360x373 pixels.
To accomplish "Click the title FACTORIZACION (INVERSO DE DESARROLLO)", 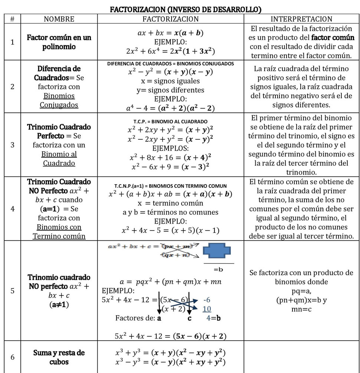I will pyautogui.click(x=180, y=9).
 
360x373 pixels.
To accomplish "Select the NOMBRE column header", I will pyautogui.click(x=59, y=19).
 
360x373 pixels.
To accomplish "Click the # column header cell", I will pyautogui.click(x=13, y=19).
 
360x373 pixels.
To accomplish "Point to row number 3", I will pyautogui.click(x=13, y=145).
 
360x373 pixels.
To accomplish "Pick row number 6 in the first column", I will pyautogui.click(x=13, y=357).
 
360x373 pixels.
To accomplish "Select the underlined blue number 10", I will pyautogui.click(x=207, y=309).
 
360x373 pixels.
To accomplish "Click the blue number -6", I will pyautogui.click(x=207, y=300).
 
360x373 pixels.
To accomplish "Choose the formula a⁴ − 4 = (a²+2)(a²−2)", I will pyautogui.click(x=170, y=108).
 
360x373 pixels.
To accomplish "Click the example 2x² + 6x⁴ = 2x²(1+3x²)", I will pyautogui.click(x=170, y=51).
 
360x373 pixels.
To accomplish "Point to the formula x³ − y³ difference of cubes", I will pyautogui.click(x=170, y=362).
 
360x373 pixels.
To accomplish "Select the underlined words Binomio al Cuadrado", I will pyautogui.click(x=59, y=159).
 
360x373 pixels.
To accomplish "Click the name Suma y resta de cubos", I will pyautogui.click(x=59, y=357).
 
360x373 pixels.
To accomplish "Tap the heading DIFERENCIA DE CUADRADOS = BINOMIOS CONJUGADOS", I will pyautogui.click(x=170, y=64).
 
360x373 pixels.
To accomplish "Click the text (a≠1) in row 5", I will pyautogui.click(x=59, y=304).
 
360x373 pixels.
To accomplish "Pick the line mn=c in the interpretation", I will pyautogui.click(x=301, y=308).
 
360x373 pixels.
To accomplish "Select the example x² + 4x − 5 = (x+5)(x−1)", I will pyautogui.click(x=170, y=230).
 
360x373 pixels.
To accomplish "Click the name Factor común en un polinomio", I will pyautogui.click(x=59, y=42).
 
